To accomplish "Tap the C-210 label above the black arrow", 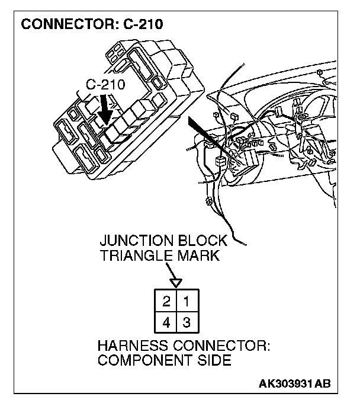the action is (105, 84).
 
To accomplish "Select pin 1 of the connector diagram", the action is (187, 301).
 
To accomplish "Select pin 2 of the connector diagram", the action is (167, 301).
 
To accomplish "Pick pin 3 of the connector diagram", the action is (187, 323).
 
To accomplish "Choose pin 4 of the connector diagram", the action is (167, 323).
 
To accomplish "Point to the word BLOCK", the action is (201, 242).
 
